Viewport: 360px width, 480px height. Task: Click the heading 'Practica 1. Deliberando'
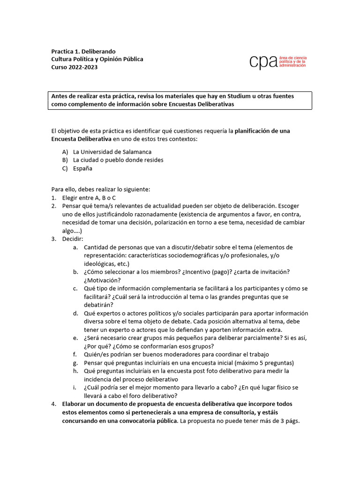[83, 51]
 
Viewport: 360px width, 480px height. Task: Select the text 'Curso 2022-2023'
[75, 67]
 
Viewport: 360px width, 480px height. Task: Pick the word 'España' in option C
[83, 168]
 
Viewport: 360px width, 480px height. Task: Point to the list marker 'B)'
[65, 160]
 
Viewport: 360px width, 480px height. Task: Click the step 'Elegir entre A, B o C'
[89, 197]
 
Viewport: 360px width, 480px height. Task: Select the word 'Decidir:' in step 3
[73, 239]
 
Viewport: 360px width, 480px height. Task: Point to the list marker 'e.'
[75, 338]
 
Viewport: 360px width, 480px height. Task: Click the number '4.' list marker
[54, 404]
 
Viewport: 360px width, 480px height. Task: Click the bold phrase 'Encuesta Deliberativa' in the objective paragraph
[81, 139]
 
